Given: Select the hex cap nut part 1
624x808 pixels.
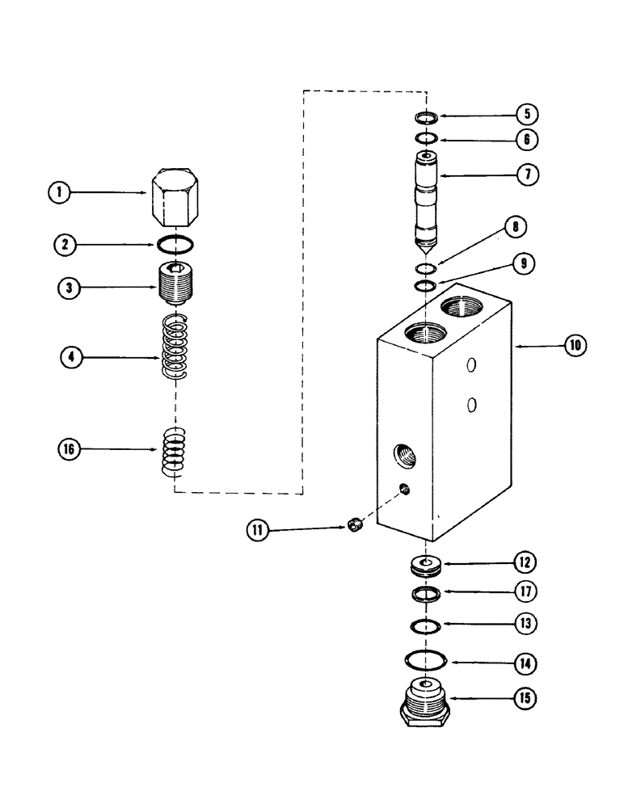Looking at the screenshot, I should click(x=175, y=198).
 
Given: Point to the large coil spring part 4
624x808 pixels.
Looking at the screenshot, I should click(x=175, y=344).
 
